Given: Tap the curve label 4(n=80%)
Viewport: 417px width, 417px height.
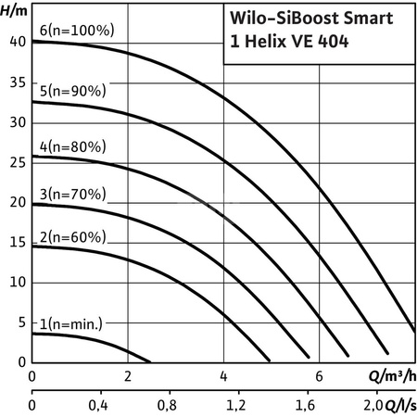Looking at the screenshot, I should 73,145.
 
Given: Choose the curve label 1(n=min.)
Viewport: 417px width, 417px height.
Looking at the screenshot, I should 73,323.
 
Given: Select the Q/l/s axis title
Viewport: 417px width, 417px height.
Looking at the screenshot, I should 398,405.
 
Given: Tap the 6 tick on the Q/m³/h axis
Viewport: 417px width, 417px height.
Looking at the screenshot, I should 319,376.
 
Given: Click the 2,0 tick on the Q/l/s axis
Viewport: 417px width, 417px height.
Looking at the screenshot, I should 370,406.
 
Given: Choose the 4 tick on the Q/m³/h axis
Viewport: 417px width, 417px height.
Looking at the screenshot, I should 223,376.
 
